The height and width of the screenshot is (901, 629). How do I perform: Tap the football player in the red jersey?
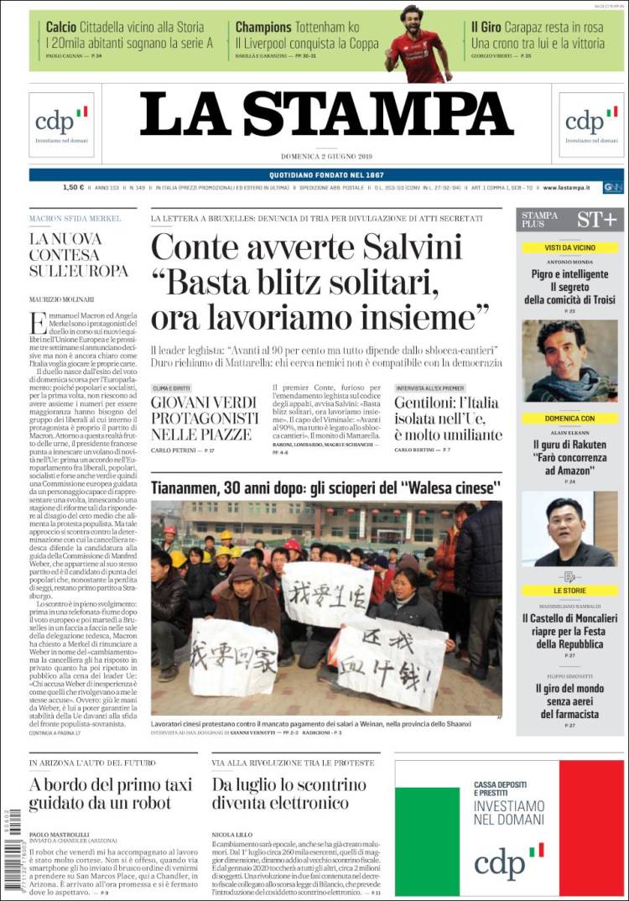pos(417,46)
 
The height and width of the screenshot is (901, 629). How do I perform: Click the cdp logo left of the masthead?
pos(61,122)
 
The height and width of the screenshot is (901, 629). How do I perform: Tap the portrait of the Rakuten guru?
pos(569,529)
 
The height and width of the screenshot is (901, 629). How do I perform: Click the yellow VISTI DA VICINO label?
pos(569,247)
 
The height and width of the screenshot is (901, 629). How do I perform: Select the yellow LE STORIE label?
pos(569,591)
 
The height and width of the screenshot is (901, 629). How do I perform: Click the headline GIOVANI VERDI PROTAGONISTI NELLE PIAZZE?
pos(205,418)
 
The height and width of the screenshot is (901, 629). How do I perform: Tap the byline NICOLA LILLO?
pos(234,835)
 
